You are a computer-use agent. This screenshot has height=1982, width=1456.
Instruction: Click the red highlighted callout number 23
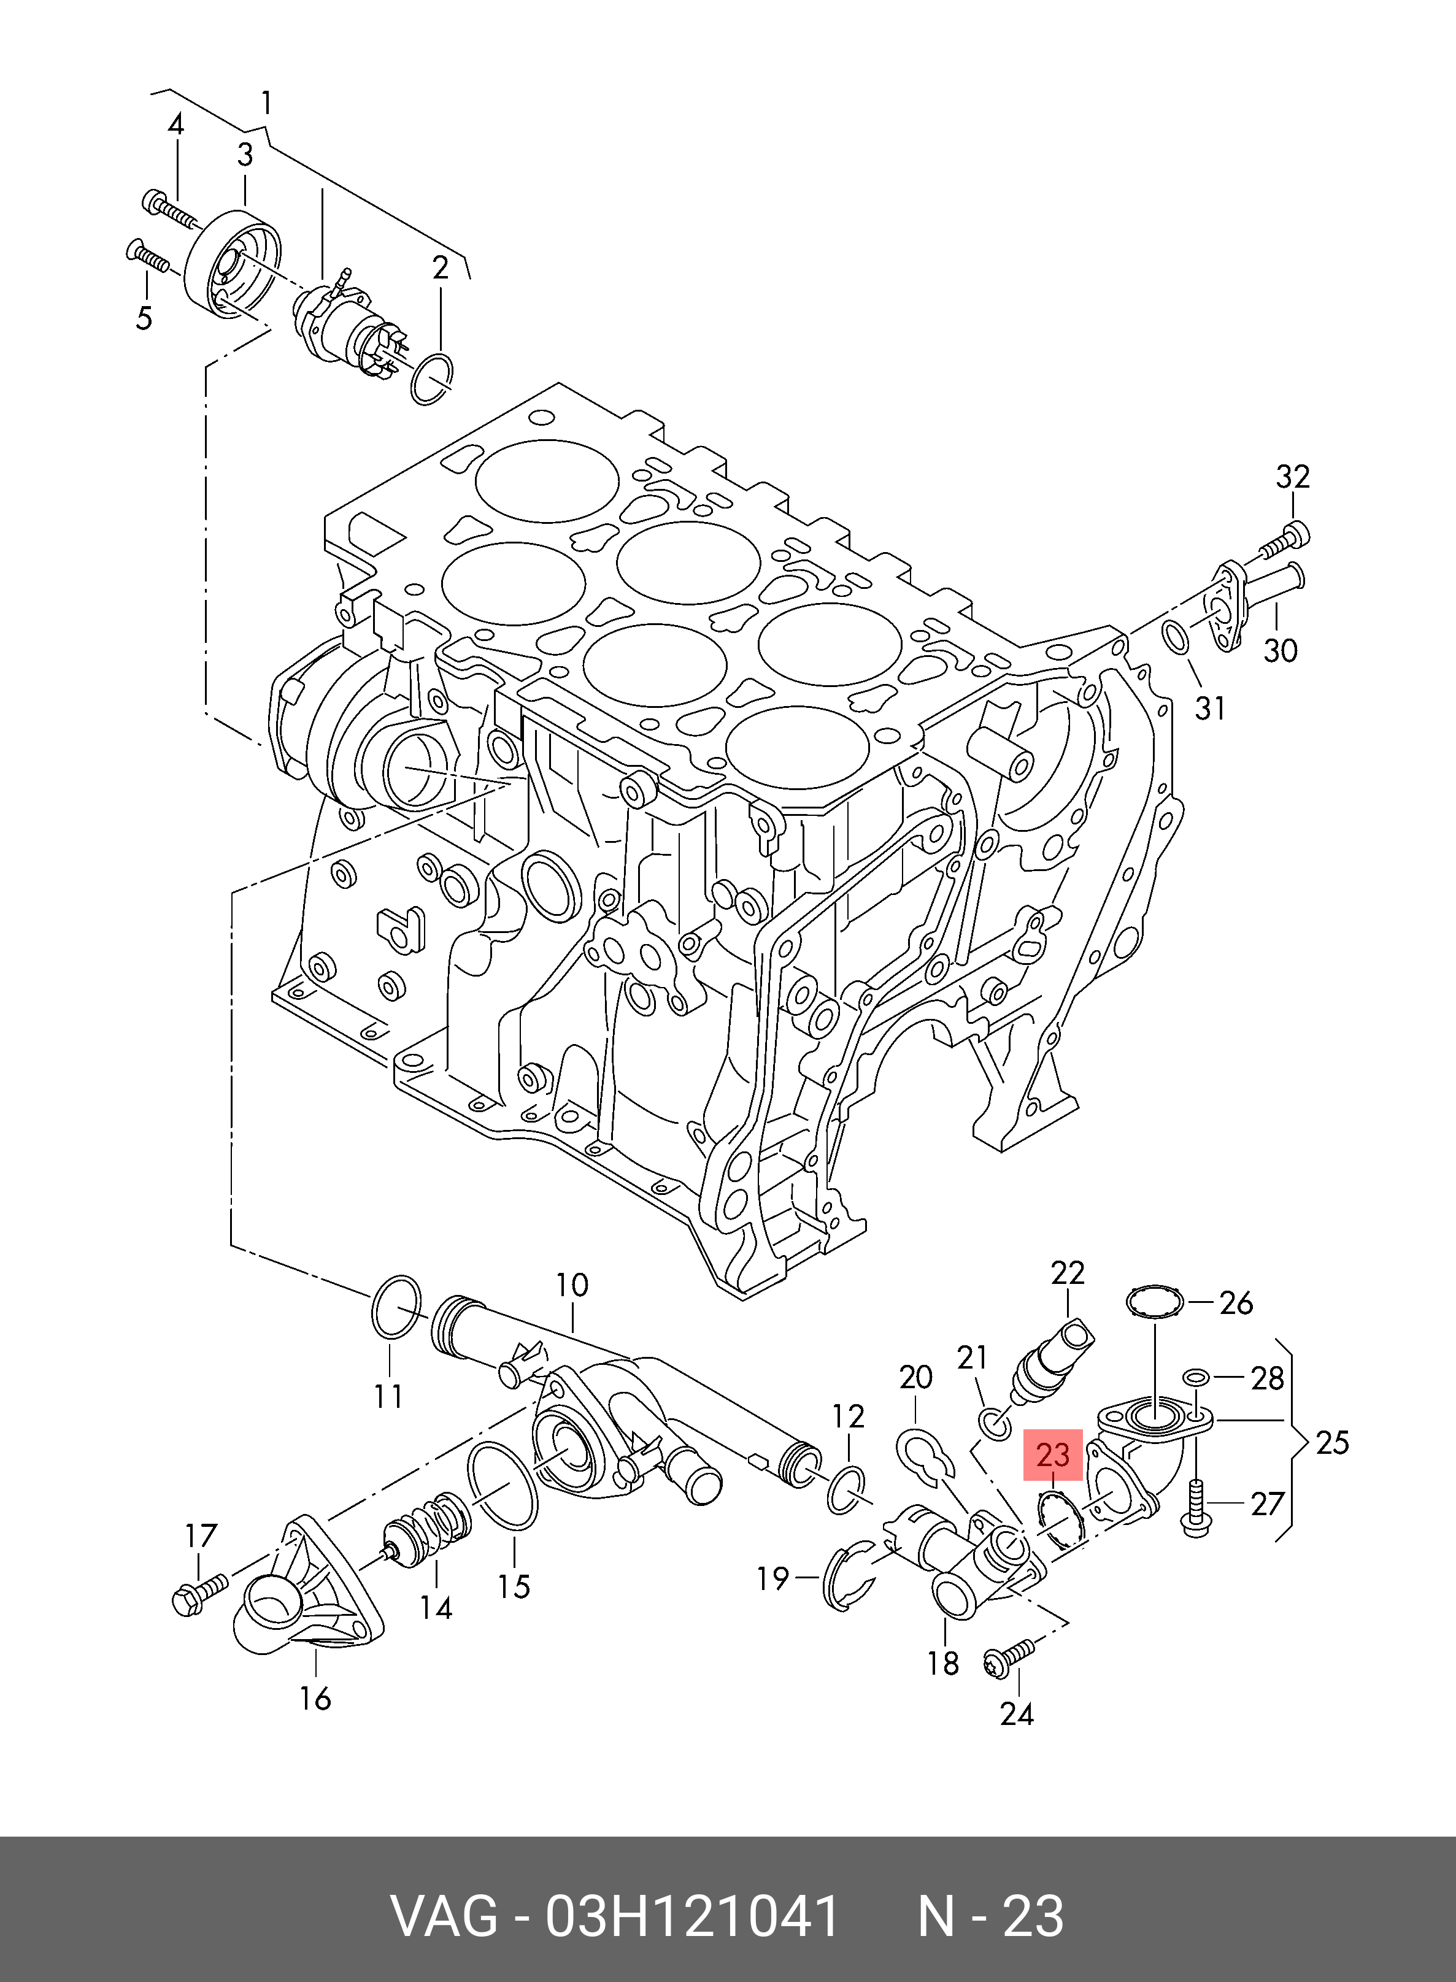coord(1052,1455)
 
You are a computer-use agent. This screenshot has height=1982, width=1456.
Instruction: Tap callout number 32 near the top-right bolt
coord(1292,477)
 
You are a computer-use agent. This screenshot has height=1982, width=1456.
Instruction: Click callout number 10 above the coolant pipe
coord(571,1286)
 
